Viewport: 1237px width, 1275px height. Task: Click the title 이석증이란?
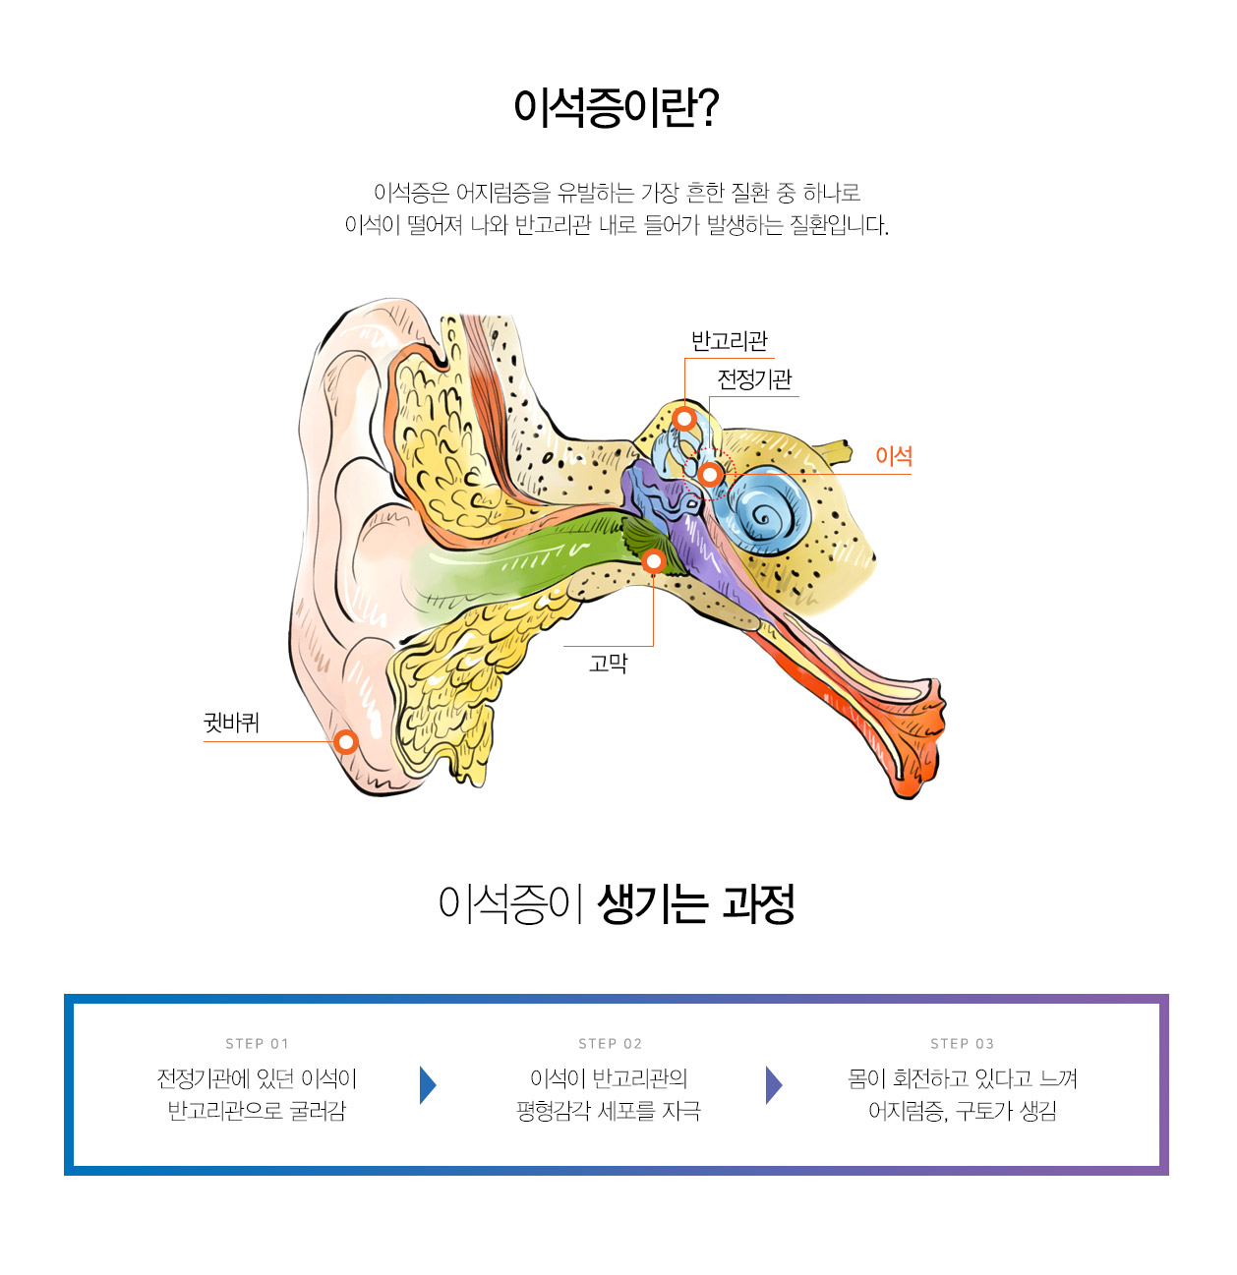tap(617, 107)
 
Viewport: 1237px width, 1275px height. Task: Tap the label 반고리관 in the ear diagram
tap(729, 341)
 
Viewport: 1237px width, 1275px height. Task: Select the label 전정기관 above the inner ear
tap(754, 379)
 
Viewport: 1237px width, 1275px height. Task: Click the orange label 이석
tap(894, 456)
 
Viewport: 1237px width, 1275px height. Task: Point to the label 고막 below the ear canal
tap(608, 664)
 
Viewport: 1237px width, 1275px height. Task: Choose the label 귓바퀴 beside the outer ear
tap(231, 724)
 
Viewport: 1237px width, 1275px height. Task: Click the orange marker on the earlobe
tap(345, 741)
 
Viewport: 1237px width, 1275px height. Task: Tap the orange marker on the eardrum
tap(653, 561)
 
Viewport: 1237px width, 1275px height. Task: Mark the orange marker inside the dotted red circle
tap(710, 476)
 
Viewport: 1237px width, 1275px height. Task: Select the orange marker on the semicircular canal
tap(685, 419)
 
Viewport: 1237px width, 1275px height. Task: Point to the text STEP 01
tap(257, 1044)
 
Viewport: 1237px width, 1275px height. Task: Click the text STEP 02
tap(610, 1044)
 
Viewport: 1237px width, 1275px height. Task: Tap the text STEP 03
tap(962, 1044)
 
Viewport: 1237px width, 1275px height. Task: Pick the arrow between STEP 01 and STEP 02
tap(427, 1085)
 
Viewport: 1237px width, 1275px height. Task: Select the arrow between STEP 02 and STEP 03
tap(774, 1085)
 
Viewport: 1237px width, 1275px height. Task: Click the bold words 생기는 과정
tap(695, 903)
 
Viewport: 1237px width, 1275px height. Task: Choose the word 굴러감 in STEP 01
tap(318, 1112)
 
